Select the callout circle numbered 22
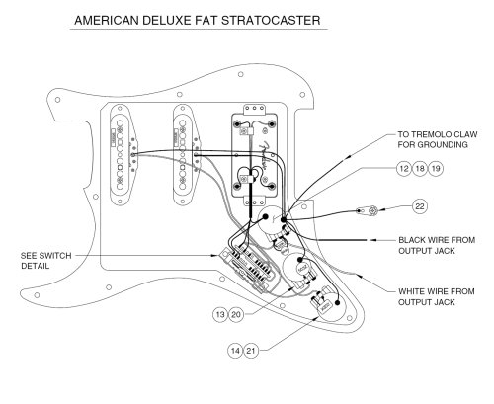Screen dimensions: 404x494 [x=419, y=205]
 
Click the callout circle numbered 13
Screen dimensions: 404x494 [x=219, y=314]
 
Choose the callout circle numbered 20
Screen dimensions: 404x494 [x=235, y=314]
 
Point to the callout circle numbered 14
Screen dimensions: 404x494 [x=235, y=350]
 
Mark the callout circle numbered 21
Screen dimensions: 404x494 [x=251, y=350]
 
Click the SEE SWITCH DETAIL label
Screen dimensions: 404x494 [x=45, y=260]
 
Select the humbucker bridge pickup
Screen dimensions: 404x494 [x=253, y=154]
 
